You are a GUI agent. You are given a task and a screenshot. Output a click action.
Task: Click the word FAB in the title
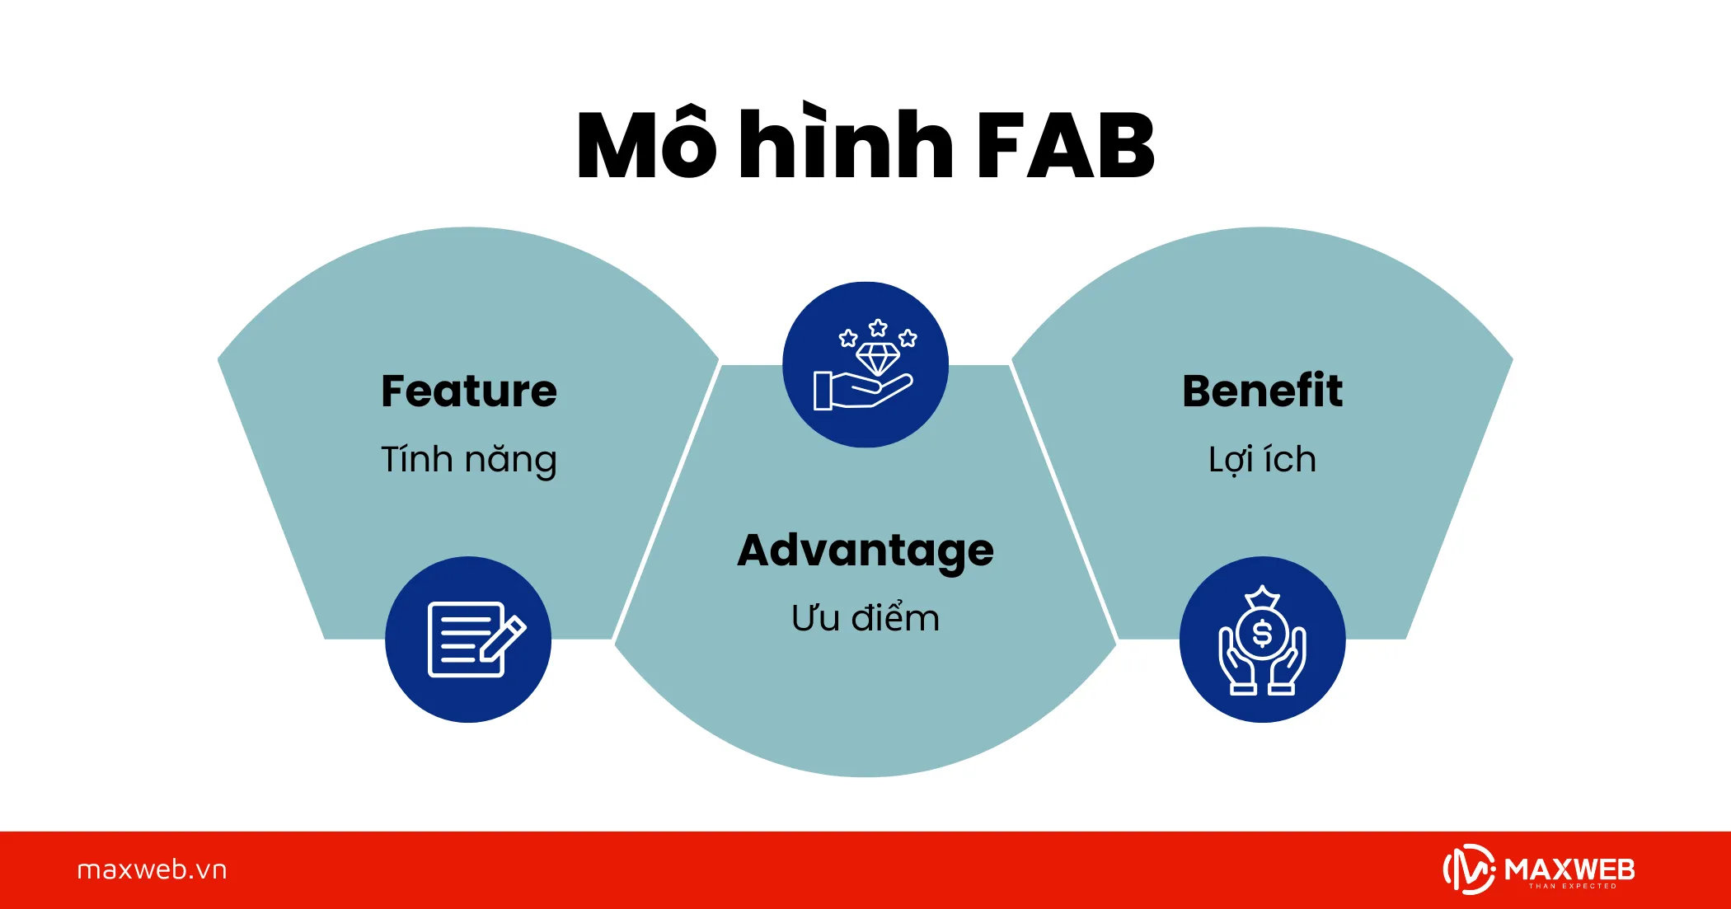[x=1065, y=146]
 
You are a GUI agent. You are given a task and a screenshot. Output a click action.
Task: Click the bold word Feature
[x=469, y=391]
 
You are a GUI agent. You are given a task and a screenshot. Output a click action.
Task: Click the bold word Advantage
[x=865, y=551]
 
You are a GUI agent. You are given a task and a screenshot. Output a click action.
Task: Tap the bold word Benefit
[x=1262, y=391]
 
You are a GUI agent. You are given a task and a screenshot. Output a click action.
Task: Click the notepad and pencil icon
[x=476, y=640]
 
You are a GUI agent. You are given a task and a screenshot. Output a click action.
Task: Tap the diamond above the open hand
[x=878, y=359]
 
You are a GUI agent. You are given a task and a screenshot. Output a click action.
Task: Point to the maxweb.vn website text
[x=152, y=870]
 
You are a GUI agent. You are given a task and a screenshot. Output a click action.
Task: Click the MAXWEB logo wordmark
[x=1570, y=869]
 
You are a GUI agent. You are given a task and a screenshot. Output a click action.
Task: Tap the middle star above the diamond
[x=878, y=328]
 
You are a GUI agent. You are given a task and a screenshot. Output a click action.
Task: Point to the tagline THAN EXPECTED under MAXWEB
[x=1573, y=887]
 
